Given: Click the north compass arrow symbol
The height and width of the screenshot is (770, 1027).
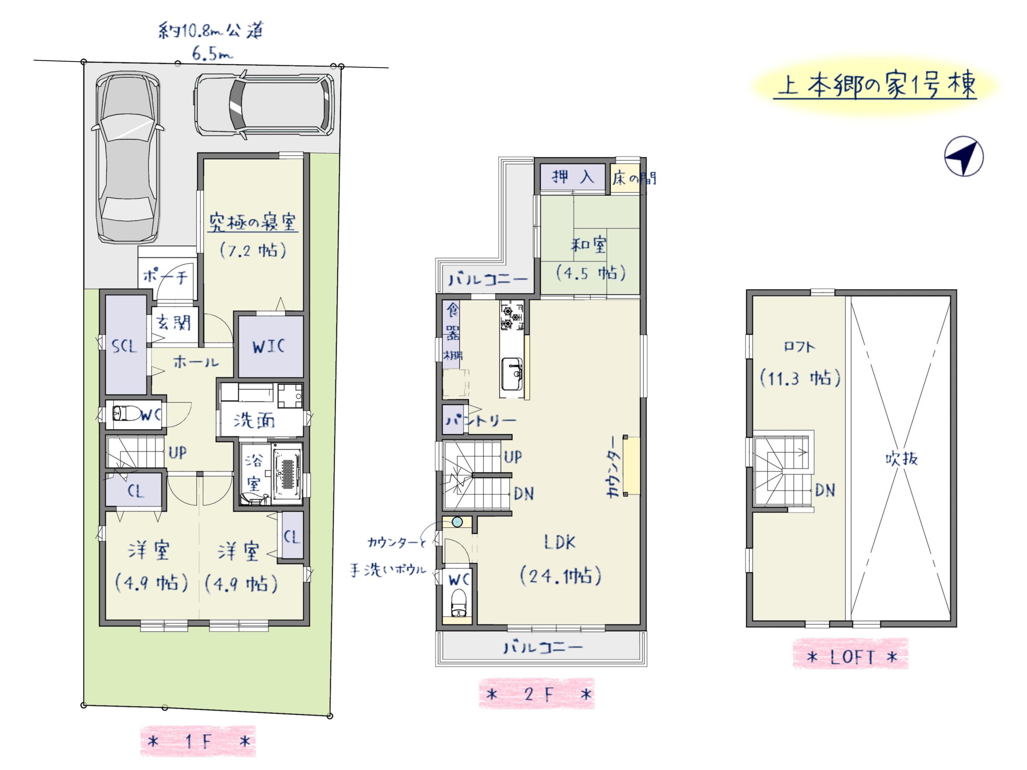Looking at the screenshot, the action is coord(964,156).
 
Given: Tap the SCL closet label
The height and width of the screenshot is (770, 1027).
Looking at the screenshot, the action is coord(124,346).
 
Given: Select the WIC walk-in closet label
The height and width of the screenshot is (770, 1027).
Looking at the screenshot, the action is coord(269,346).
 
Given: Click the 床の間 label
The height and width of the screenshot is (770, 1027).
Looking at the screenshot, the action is coord(634,178).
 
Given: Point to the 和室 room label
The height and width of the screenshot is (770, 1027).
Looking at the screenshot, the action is coord(589,245).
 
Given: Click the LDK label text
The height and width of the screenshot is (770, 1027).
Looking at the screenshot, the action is coord(560,542).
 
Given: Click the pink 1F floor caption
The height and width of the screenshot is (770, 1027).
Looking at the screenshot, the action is coord(198,741).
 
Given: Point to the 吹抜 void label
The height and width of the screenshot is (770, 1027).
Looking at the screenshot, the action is coord(902,458).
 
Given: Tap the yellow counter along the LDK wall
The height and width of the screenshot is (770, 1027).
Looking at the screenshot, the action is coord(631,466).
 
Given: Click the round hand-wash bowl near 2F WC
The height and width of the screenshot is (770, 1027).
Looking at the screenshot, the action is coord(457,523).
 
